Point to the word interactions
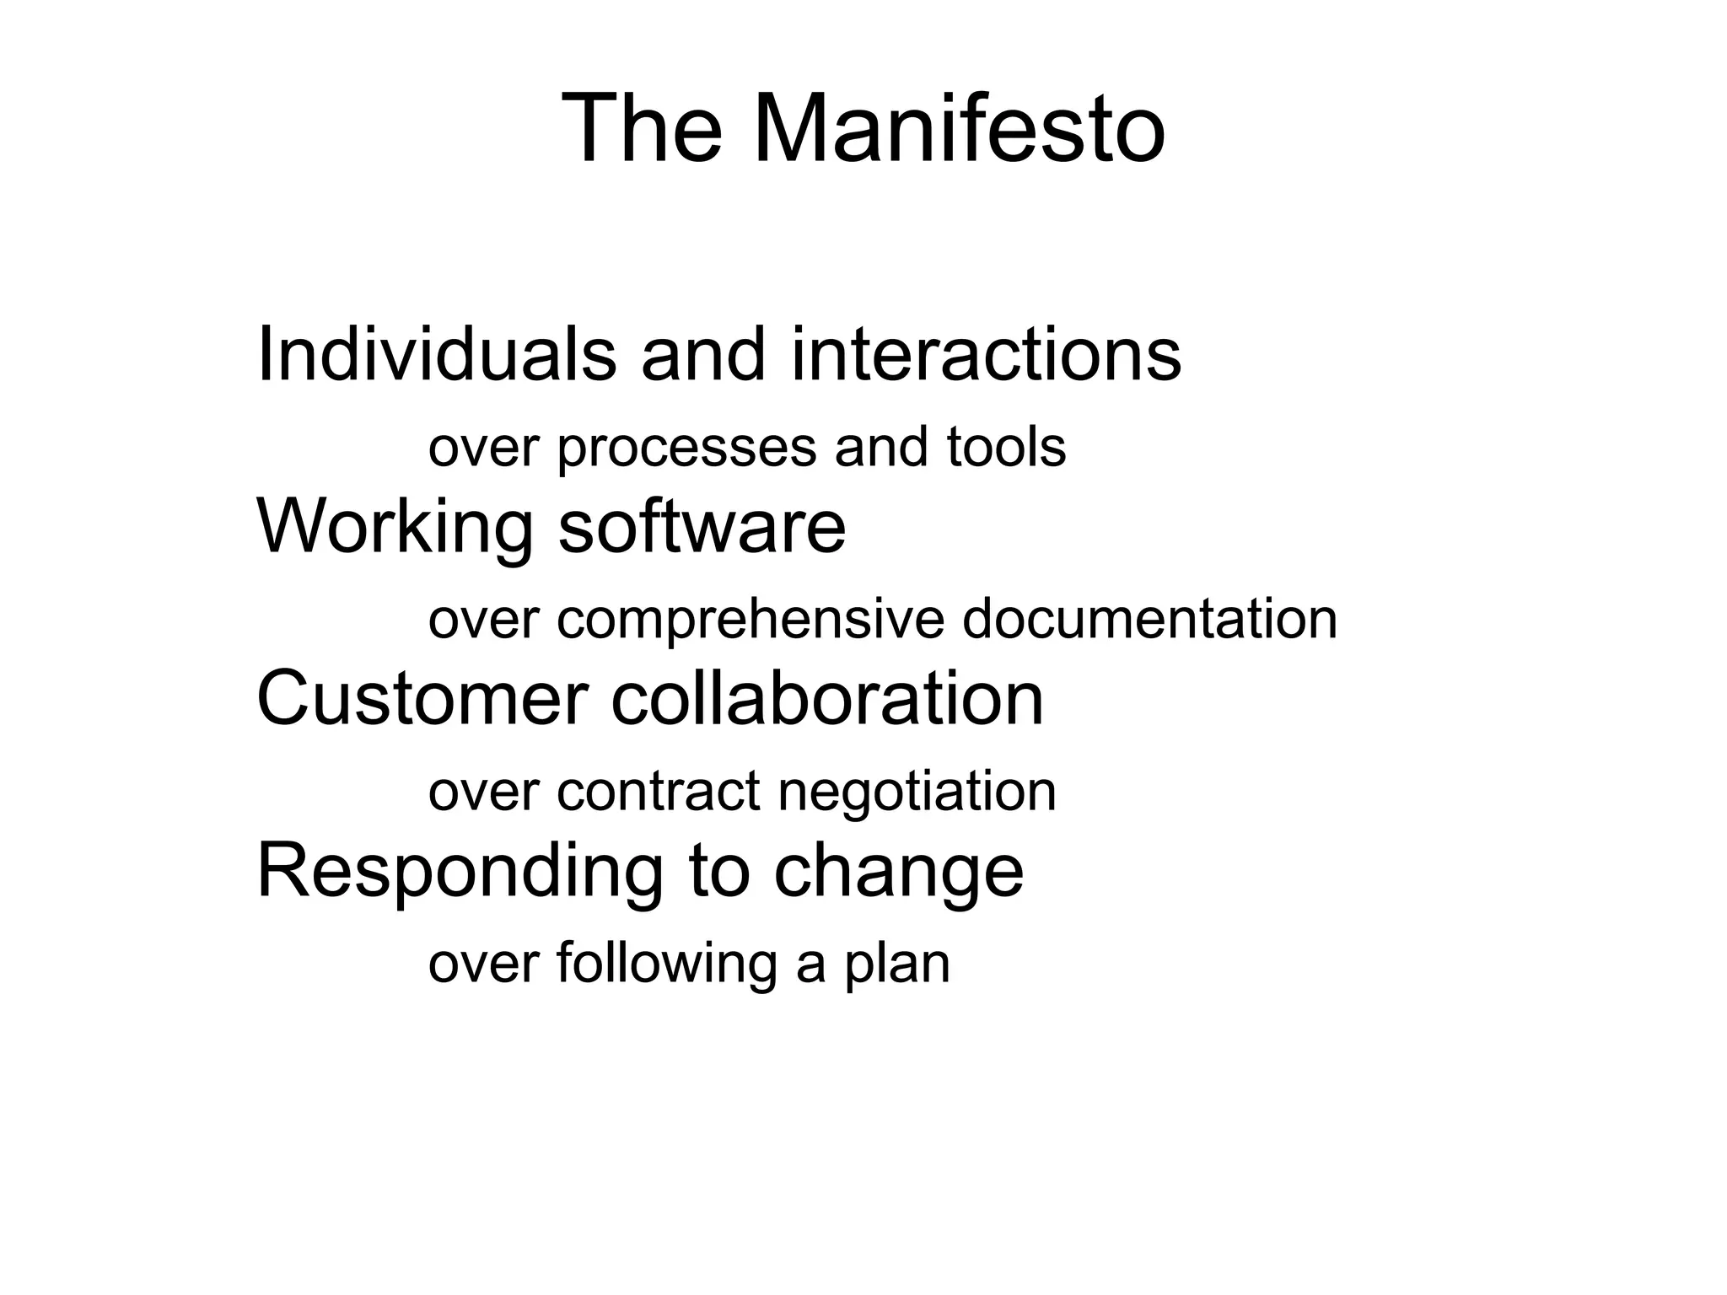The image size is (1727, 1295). pyautogui.click(x=986, y=355)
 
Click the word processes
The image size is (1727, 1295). pyautogui.click(x=686, y=448)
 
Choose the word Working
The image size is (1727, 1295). pyautogui.click(x=395, y=527)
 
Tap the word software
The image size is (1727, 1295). pyautogui.click(x=702, y=527)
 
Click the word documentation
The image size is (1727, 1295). pyautogui.click(x=1149, y=620)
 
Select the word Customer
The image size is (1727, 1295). pyautogui.click(x=422, y=699)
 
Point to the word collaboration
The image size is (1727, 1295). pyautogui.click(x=827, y=699)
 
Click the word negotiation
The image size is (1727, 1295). pyautogui.click(x=917, y=793)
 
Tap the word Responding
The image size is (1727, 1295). pyautogui.click(x=460, y=873)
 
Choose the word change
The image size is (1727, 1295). pyautogui.click(x=898, y=873)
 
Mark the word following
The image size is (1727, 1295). pyautogui.click(x=666, y=965)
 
